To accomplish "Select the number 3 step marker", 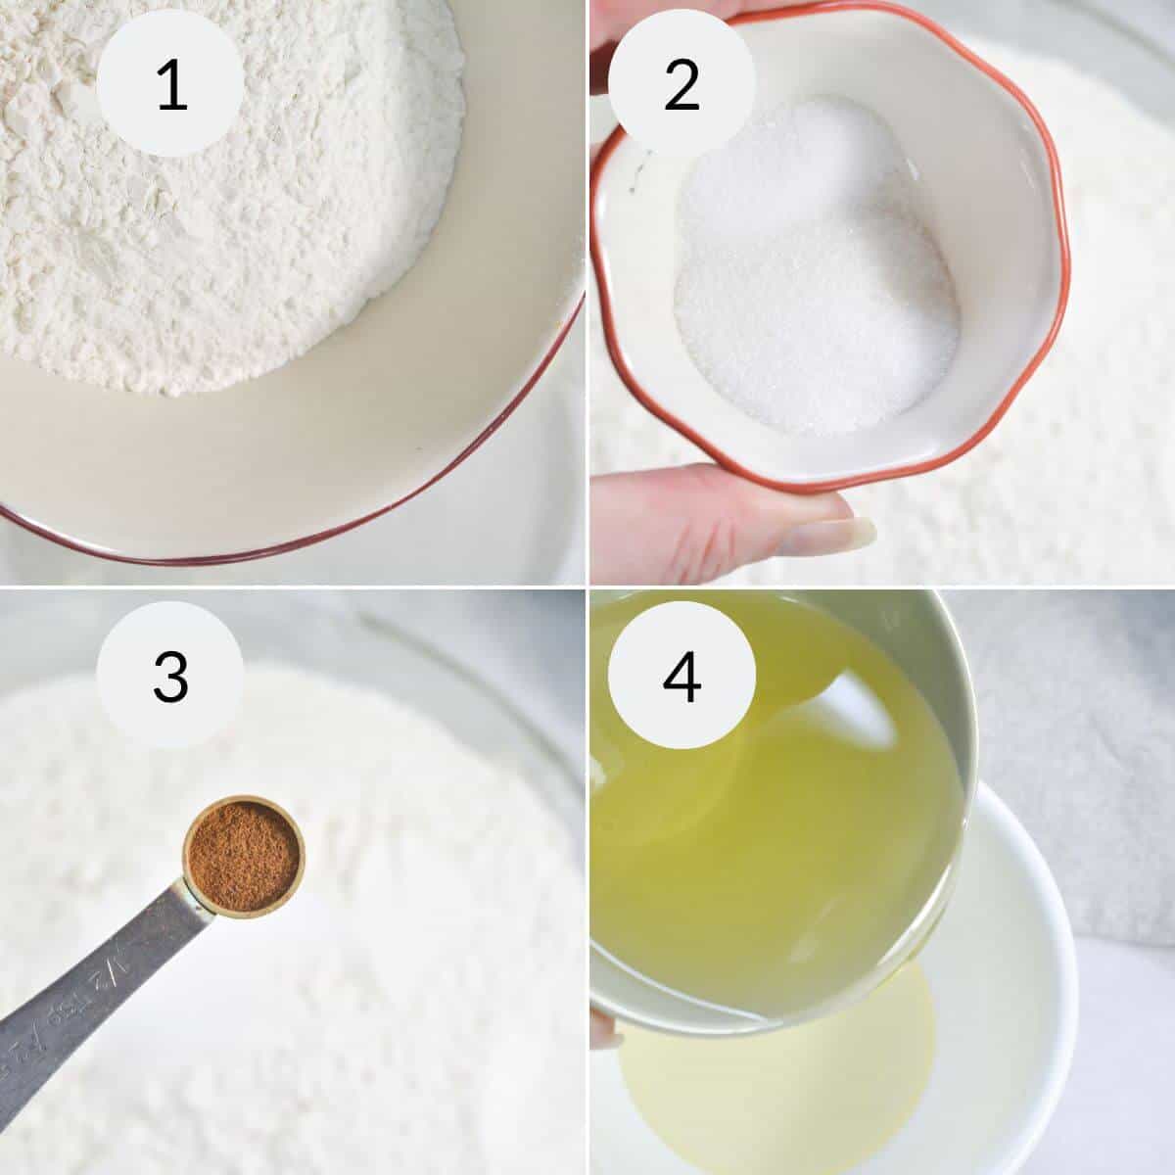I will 170,675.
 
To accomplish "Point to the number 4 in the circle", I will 681,675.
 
